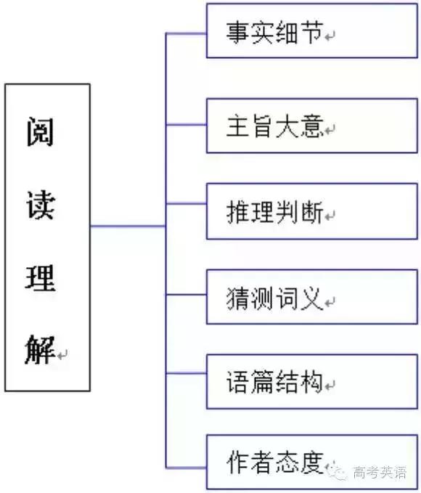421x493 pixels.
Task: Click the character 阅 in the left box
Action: [x=40, y=131]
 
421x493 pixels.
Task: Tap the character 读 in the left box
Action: [x=41, y=204]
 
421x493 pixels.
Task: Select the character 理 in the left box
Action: [x=41, y=277]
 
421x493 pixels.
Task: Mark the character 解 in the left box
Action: [x=40, y=349]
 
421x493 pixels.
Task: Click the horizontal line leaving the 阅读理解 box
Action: [x=128, y=226]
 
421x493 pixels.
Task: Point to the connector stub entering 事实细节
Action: [x=186, y=33]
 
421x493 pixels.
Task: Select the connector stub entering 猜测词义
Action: [x=186, y=295]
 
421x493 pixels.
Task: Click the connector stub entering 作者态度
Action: [x=186, y=468]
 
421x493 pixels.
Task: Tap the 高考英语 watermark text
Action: [x=380, y=472]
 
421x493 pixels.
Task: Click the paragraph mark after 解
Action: [x=62, y=355]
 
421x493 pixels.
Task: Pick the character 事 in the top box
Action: [x=237, y=32]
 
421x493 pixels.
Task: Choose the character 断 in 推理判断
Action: [x=312, y=212]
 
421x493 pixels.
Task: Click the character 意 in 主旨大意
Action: [x=312, y=126]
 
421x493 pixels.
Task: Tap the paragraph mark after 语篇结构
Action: [x=330, y=386]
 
